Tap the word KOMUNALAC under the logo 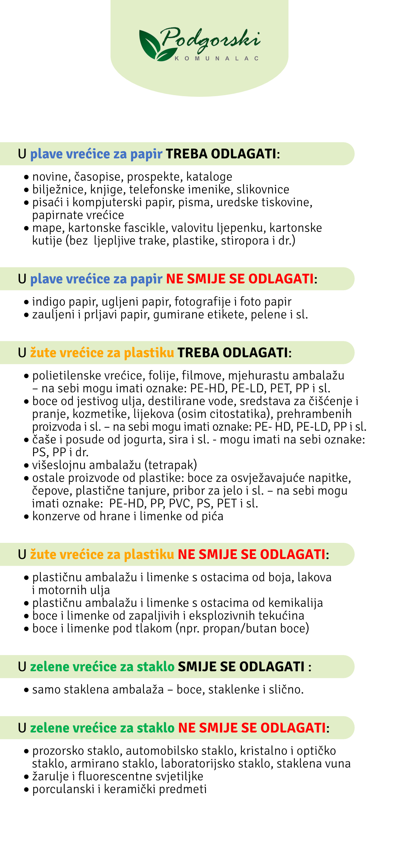217,59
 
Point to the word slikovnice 263,190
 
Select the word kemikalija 296,603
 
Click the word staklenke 234,690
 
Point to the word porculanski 63,789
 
